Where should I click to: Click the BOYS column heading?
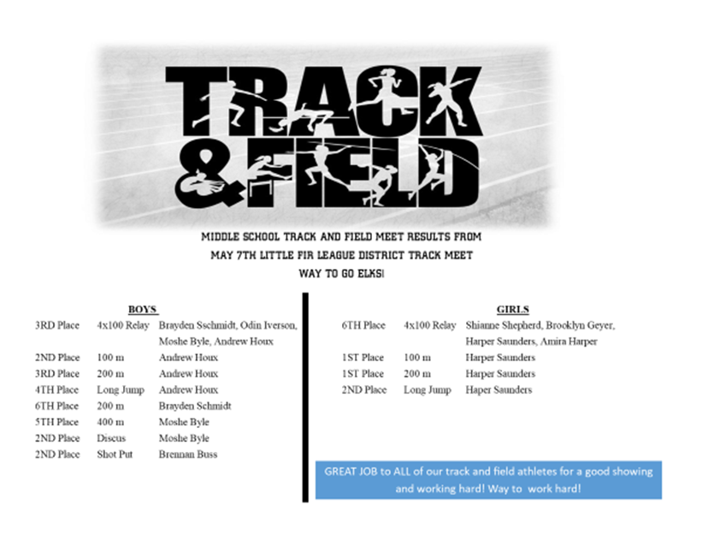[x=143, y=310]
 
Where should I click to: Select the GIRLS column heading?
[x=513, y=310]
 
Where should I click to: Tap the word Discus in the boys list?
[x=111, y=438]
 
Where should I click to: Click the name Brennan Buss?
[x=188, y=454]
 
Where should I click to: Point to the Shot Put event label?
[x=115, y=454]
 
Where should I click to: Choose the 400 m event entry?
[x=110, y=422]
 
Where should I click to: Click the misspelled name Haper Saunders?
[x=499, y=390]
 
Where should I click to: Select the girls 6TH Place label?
[x=363, y=325]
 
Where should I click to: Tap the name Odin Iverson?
[x=268, y=325]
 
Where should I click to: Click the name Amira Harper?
[x=569, y=342]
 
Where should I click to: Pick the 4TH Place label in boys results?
[x=57, y=390]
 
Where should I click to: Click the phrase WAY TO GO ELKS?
[x=341, y=274]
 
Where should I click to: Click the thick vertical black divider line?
[x=305, y=397]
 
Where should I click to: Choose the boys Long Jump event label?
[x=121, y=390]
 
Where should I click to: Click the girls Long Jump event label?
[x=428, y=390]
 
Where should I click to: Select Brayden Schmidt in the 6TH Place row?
[x=195, y=406]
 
